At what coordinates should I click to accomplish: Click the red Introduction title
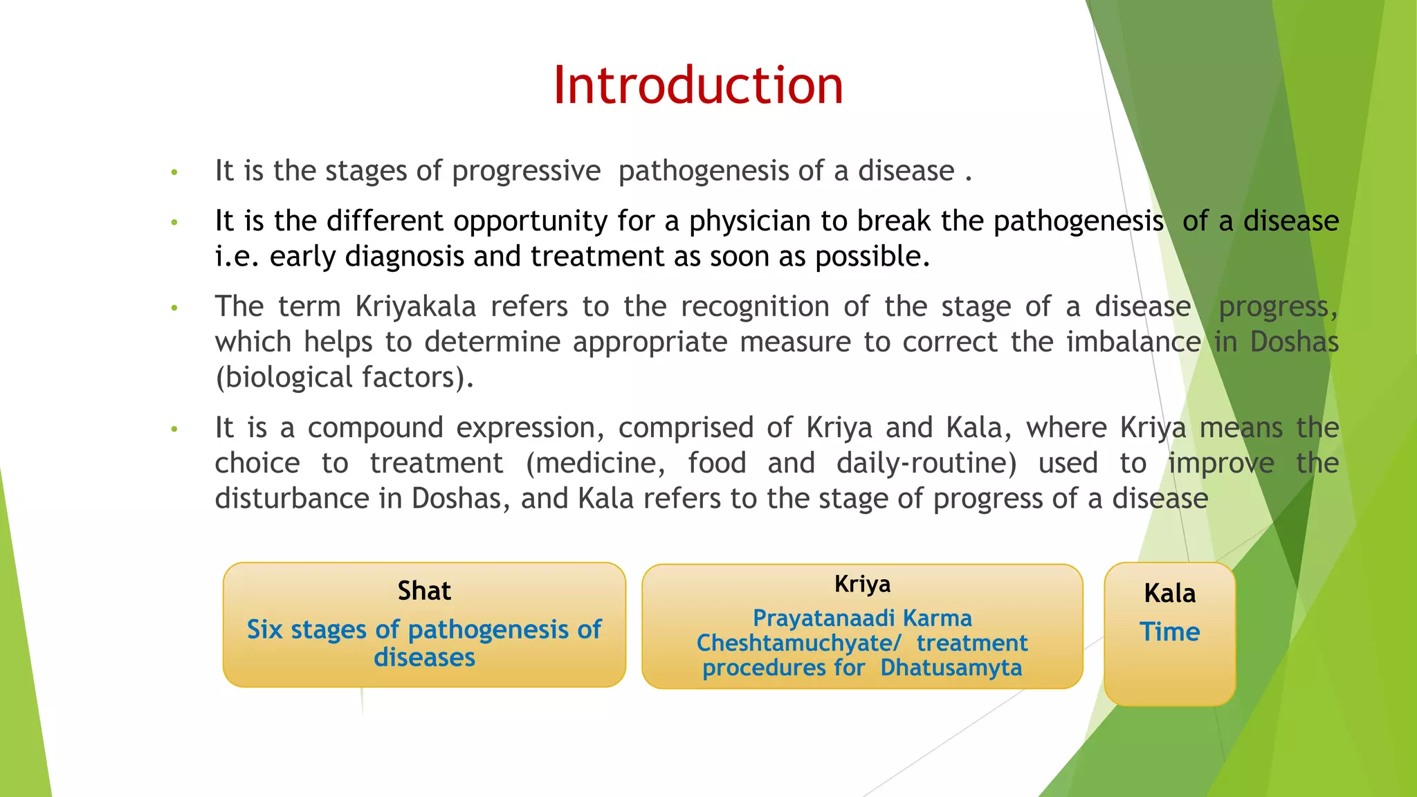tap(697, 85)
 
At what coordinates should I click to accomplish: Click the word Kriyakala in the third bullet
tap(415, 306)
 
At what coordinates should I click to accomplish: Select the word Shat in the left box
tap(424, 592)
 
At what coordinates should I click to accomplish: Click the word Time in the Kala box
tap(1169, 632)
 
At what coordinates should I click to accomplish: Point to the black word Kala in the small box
tap(1169, 594)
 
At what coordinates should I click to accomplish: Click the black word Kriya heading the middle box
tap(862, 585)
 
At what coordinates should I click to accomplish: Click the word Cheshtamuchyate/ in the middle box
tap(798, 643)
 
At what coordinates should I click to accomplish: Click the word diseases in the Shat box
tap(424, 657)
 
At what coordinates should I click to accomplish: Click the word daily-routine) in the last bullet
tap(926, 464)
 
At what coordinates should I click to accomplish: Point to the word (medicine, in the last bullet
tap(595, 464)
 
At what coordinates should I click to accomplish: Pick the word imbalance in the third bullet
tap(1133, 342)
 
